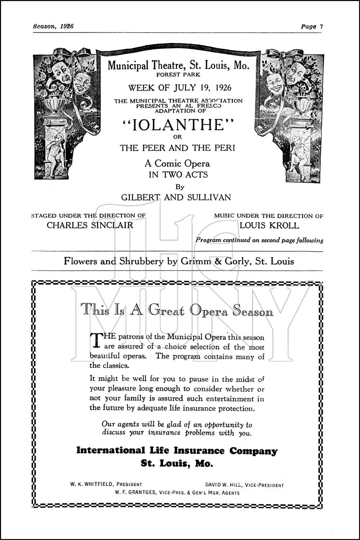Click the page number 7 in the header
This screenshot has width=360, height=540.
[321, 26]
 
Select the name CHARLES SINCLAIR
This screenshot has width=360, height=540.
[90, 225]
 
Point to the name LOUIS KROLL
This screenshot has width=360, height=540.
[269, 225]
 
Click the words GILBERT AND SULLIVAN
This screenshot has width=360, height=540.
[176, 197]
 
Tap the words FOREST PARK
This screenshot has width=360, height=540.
[178, 75]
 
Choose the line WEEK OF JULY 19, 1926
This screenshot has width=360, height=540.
[180, 87]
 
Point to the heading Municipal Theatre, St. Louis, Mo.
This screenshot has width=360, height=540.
[178, 66]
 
